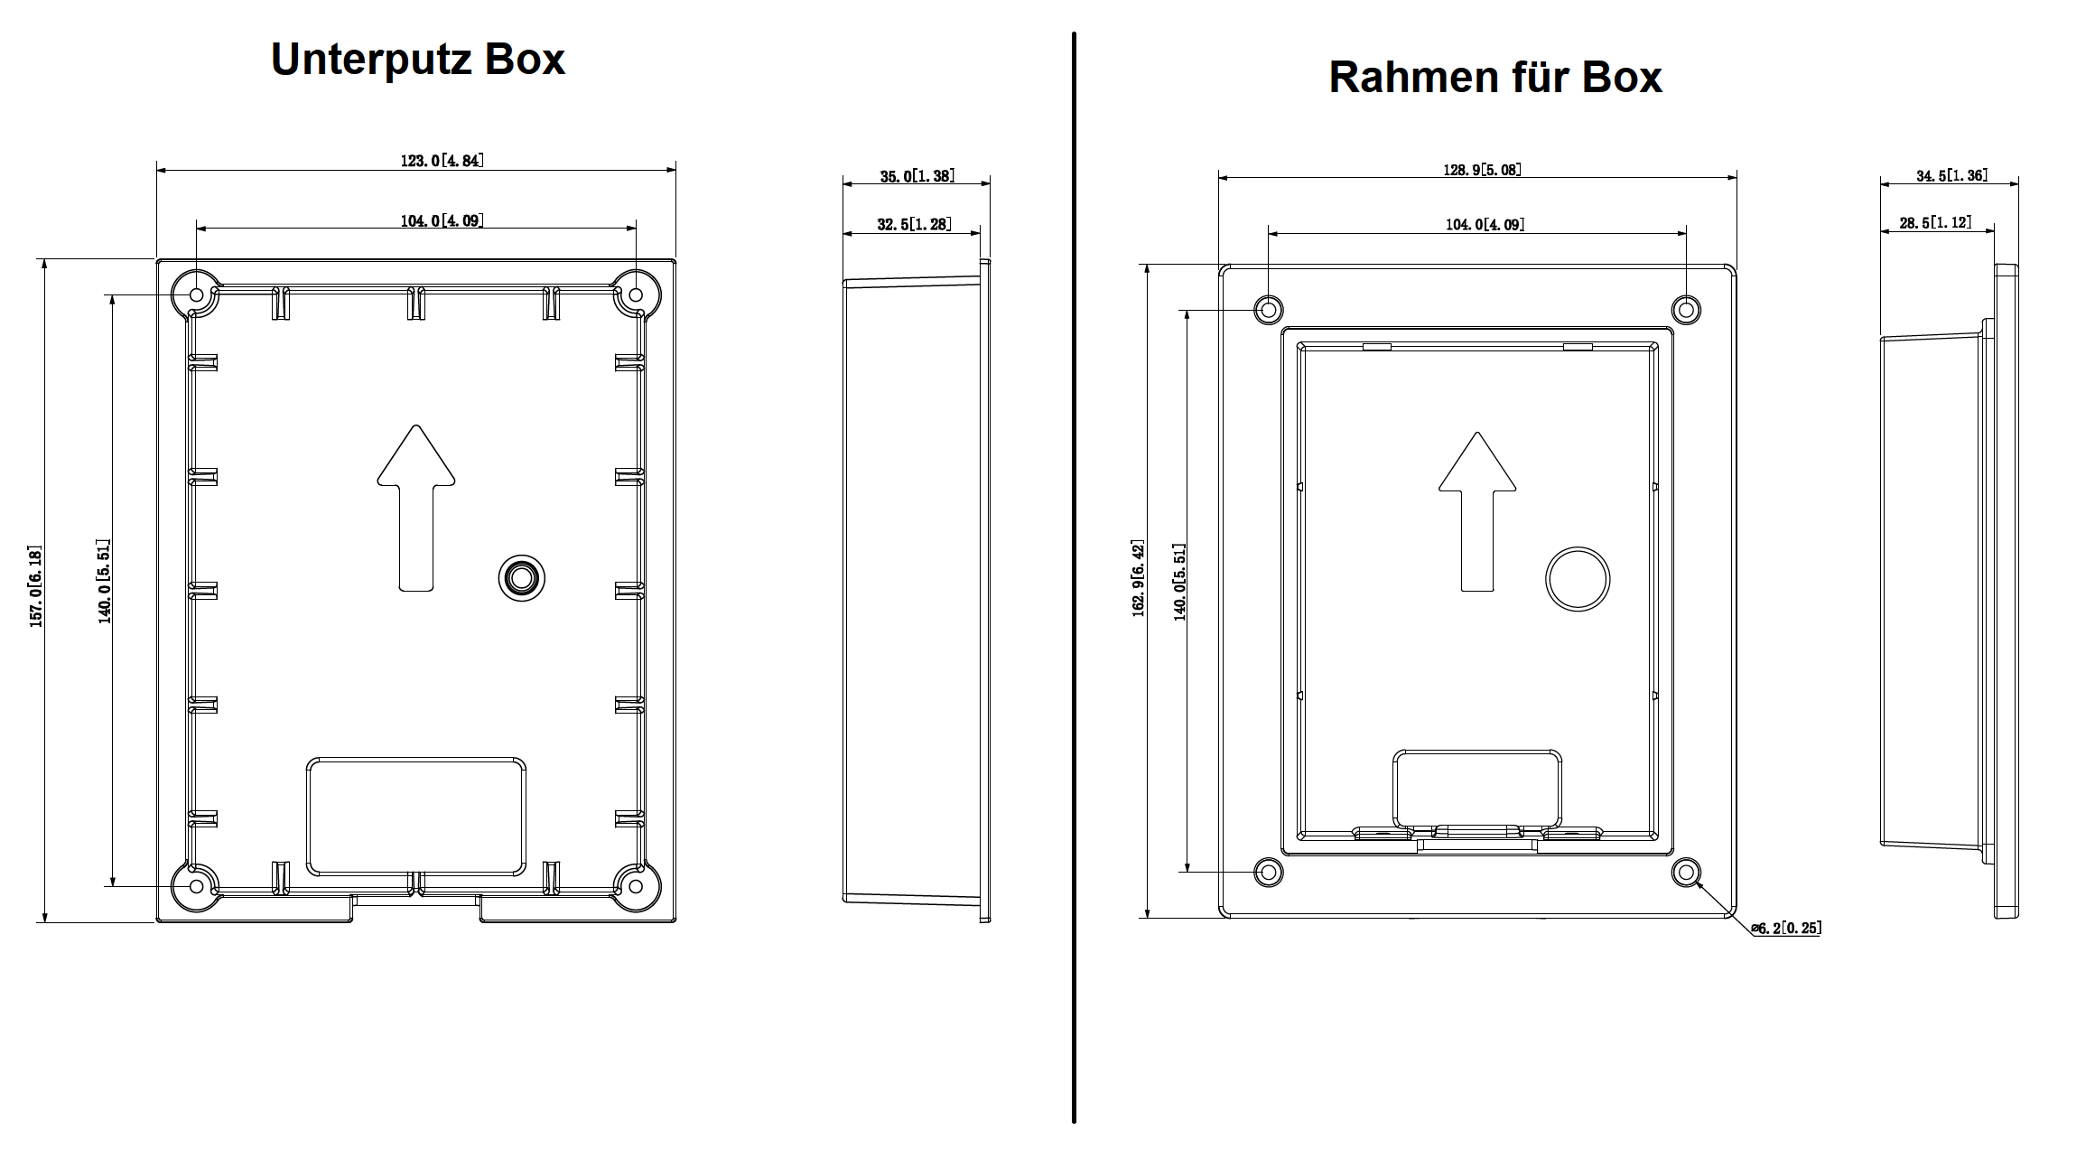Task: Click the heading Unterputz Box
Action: click(x=417, y=60)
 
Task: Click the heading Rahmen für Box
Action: click(x=1494, y=77)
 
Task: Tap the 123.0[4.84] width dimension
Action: click(x=442, y=161)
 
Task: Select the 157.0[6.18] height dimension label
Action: click(x=35, y=586)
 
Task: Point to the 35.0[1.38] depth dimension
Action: click(x=917, y=176)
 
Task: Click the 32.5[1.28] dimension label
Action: click(x=914, y=224)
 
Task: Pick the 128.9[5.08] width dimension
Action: click(x=1481, y=170)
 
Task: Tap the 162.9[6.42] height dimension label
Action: click(x=1138, y=579)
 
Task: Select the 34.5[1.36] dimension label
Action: click(x=1951, y=175)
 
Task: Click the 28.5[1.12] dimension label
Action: click(x=1935, y=222)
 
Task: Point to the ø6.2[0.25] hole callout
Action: click(x=1785, y=928)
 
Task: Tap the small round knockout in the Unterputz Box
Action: click(x=521, y=577)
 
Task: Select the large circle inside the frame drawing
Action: click(x=1577, y=579)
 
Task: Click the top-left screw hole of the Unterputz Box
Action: click(x=196, y=294)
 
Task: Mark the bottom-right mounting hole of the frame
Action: click(x=1686, y=872)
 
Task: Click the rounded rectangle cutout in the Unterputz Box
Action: click(x=416, y=817)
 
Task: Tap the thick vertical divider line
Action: click(x=1074, y=578)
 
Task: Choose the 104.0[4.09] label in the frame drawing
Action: click(x=1485, y=224)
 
